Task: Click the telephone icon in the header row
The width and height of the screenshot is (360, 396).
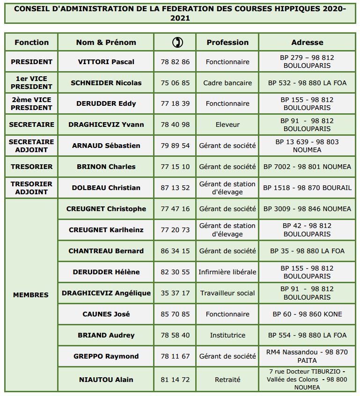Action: coord(177,42)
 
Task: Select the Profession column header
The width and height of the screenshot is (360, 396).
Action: coord(227,42)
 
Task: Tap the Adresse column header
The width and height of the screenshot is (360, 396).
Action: coord(307,42)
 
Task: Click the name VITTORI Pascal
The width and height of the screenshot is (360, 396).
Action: coord(106,62)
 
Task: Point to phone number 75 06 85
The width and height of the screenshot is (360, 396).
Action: coord(175,83)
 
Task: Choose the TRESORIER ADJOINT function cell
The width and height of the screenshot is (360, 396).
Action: coord(31,188)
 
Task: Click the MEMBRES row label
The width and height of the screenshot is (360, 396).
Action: coord(31,295)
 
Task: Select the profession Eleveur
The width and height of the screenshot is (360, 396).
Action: coord(228,125)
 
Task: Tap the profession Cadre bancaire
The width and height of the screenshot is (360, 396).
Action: coord(228,83)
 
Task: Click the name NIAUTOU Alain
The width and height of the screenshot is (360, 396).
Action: coord(106,380)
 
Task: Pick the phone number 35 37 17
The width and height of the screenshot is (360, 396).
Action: coord(175,293)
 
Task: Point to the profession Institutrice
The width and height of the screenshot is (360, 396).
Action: coord(228,335)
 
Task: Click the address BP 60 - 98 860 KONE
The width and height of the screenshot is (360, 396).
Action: coord(307,314)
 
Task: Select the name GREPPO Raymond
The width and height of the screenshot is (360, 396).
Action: coord(106,356)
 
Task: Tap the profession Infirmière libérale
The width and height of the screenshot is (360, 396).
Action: coord(228,272)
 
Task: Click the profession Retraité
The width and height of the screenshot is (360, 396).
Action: coord(228,380)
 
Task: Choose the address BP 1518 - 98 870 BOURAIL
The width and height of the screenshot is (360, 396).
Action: coord(307,188)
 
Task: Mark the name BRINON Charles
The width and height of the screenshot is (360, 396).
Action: coord(106,167)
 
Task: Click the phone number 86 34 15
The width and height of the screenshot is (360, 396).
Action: coord(175,251)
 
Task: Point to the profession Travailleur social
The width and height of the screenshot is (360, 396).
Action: coord(228,293)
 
